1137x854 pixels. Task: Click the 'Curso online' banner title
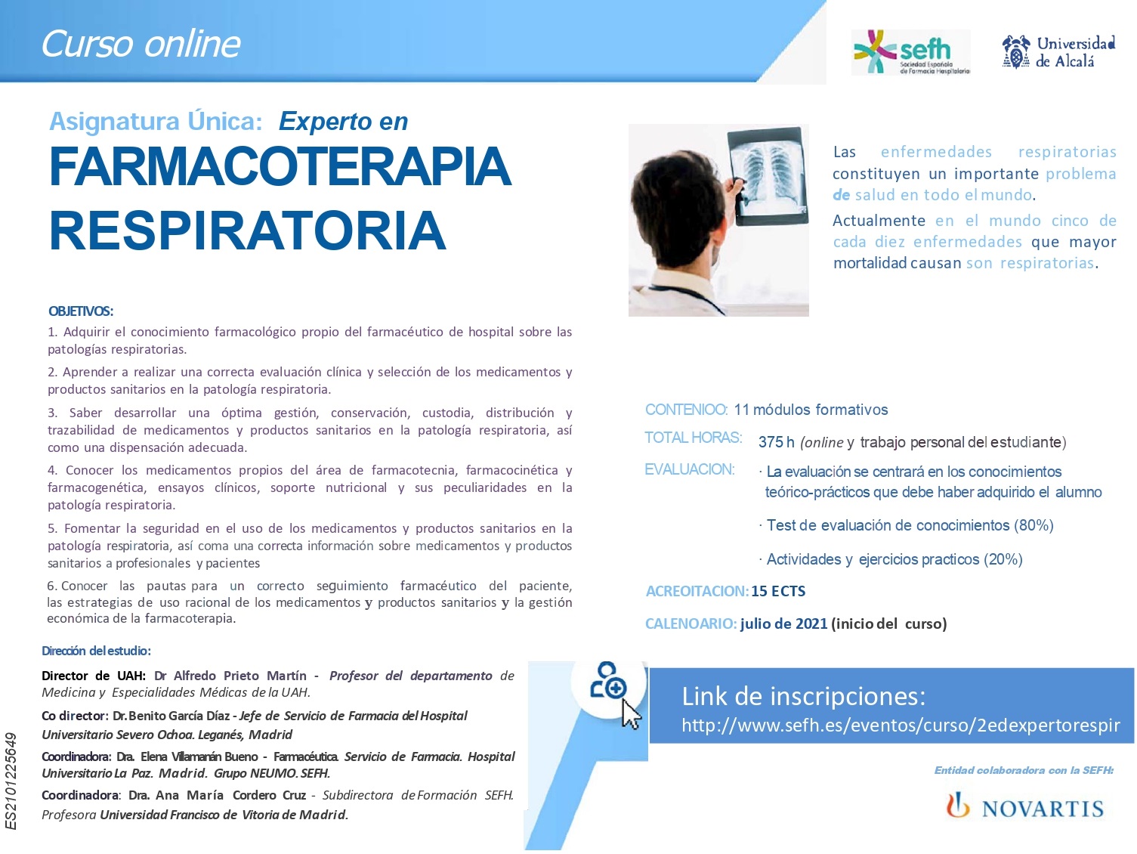[141, 44]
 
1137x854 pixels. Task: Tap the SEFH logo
[910, 52]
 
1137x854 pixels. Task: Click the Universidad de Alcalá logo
[1058, 52]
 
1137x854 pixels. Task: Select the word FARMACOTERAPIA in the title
[280, 167]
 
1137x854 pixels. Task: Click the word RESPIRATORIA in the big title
[247, 231]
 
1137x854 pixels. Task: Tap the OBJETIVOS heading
[81, 311]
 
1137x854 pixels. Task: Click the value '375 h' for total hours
[776, 442]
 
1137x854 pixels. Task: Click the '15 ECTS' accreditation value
[778, 591]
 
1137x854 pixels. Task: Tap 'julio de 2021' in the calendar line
[783, 623]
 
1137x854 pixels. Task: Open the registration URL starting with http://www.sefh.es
[901, 725]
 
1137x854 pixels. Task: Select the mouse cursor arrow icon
[632, 714]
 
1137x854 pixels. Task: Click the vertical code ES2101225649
[11, 781]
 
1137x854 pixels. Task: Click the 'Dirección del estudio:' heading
[97, 651]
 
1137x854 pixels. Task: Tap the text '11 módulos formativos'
[811, 410]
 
